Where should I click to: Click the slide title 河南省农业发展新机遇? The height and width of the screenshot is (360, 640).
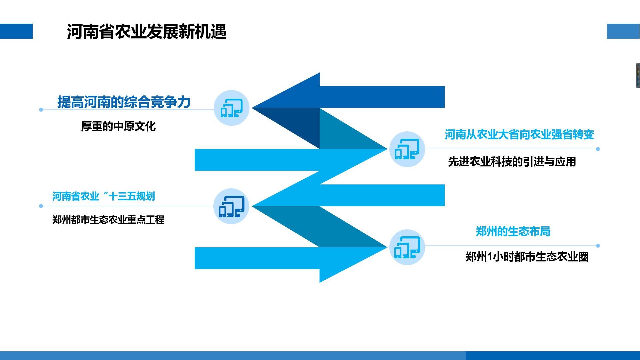[147, 32]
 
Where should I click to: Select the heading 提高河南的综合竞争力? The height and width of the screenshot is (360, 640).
[124, 102]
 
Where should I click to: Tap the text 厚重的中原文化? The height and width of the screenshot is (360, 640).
[118, 126]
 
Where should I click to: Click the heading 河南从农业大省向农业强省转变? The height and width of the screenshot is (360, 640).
[519, 135]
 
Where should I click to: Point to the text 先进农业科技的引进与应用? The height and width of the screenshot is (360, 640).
[512, 162]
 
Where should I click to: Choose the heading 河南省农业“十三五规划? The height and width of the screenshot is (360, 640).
[104, 196]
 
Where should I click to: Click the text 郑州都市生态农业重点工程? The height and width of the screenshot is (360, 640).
[108, 220]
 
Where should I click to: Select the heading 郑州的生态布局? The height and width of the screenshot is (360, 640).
[513, 231]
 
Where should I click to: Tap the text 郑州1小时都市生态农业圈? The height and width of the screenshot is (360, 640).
[527, 257]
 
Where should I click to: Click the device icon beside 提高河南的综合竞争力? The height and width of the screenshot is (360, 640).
[231, 108]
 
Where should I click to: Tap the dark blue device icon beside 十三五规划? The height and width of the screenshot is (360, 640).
[231, 206]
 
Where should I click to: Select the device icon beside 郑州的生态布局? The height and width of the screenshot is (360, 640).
[407, 247]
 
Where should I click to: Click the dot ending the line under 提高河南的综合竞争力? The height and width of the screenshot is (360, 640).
[41, 110]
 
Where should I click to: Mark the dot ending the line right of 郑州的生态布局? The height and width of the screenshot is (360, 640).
[598, 246]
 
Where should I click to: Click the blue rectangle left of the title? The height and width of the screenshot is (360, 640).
[16, 31]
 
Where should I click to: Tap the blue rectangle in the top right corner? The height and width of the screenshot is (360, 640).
[623, 31]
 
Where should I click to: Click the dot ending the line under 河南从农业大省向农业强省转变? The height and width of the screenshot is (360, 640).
[598, 149]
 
